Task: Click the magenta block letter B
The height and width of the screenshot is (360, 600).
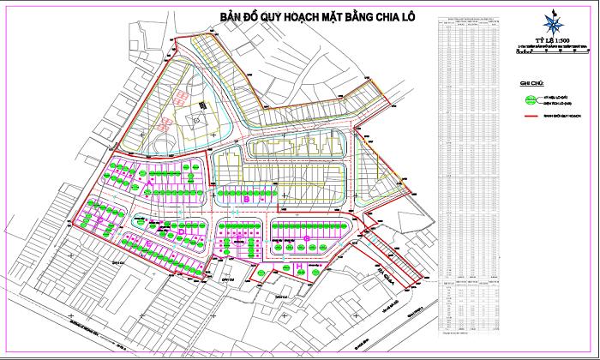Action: click(x=246, y=198)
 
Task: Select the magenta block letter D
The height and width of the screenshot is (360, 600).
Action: click(x=181, y=232)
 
